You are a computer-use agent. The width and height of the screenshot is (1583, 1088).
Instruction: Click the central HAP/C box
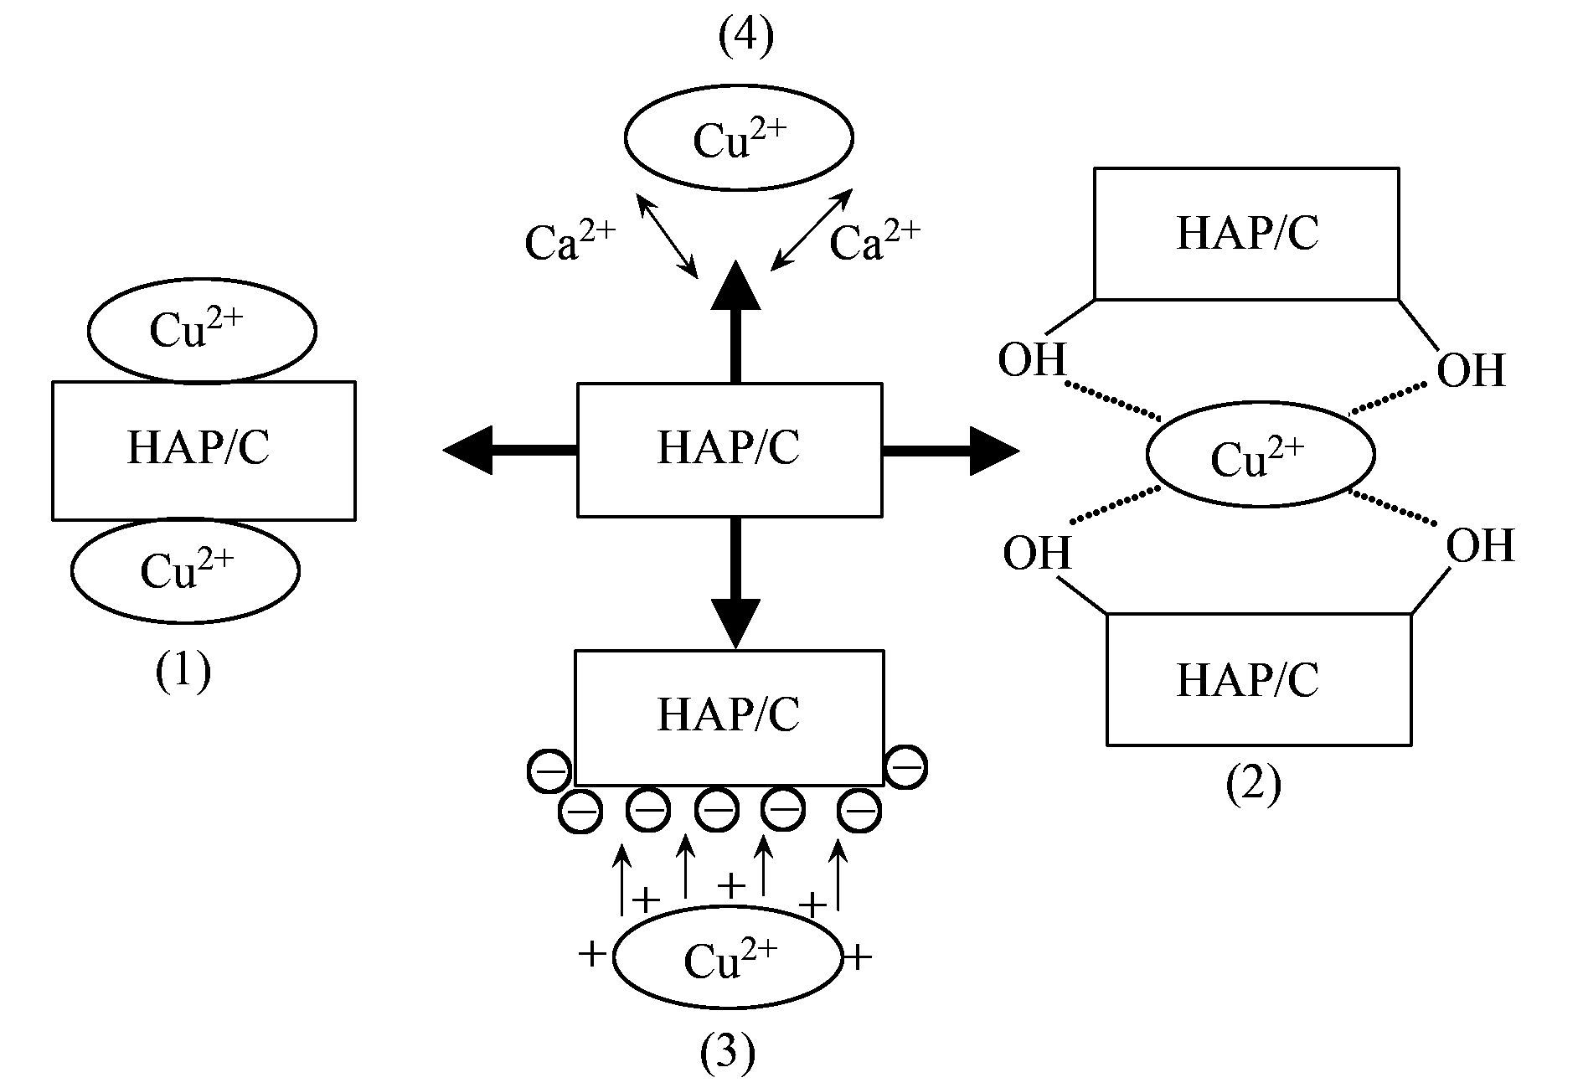(x=729, y=449)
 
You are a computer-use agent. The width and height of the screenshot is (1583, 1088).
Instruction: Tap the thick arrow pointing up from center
(x=735, y=322)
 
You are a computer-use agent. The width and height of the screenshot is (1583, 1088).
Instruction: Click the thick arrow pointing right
(x=951, y=451)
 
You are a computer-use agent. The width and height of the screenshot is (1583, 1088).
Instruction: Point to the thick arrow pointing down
(x=735, y=582)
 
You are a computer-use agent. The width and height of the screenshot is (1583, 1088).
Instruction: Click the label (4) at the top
(x=745, y=38)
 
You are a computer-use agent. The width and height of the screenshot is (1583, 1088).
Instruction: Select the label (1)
(x=183, y=672)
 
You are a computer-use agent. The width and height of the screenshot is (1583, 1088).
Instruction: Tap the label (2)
(x=1253, y=785)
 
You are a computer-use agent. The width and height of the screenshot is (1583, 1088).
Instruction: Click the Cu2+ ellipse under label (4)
(x=738, y=137)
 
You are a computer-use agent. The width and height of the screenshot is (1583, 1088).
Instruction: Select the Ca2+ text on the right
(x=874, y=241)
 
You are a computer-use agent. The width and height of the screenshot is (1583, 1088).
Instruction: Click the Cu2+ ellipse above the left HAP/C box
(x=202, y=331)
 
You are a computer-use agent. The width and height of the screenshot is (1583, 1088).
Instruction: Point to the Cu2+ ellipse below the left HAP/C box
(x=185, y=570)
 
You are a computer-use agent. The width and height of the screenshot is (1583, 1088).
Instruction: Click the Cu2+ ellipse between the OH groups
(x=1260, y=455)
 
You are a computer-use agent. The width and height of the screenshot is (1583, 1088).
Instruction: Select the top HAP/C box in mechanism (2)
(x=1246, y=233)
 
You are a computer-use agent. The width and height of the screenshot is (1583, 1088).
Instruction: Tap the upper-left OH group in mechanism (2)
(x=1032, y=361)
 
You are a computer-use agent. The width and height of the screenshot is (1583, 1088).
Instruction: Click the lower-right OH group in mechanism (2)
(x=1480, y=546)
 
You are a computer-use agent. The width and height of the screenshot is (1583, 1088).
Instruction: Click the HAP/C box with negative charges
(x=729, y=717)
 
